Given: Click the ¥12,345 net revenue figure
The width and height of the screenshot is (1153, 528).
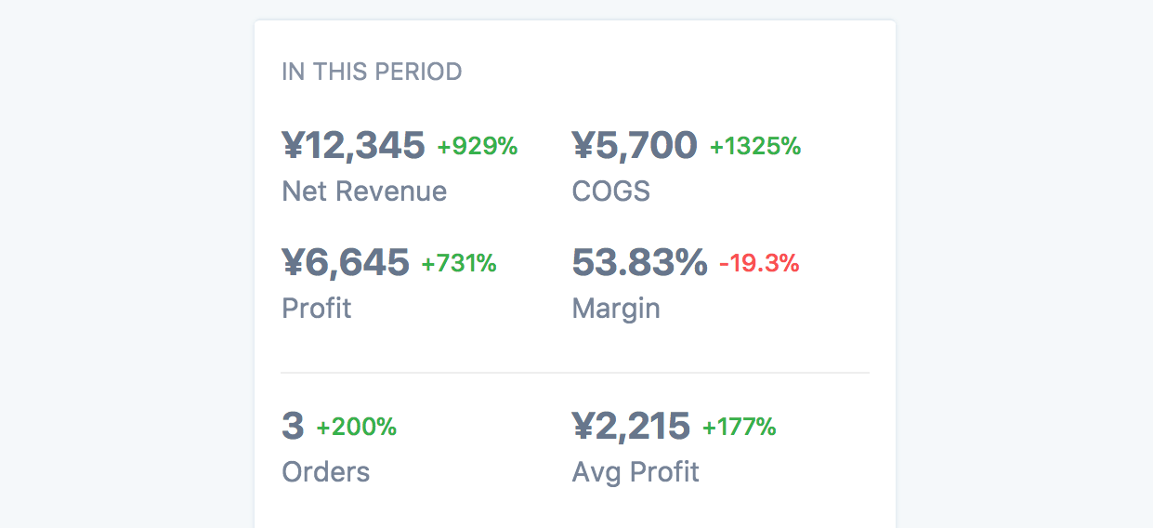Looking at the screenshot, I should click(x=353, y=145).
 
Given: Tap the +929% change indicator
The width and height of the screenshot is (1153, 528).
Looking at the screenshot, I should click(x=478, y=146).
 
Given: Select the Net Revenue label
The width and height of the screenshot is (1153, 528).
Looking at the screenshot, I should click(x=364, y=191).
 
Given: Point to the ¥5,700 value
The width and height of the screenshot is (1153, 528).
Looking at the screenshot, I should click(x=635, y=145).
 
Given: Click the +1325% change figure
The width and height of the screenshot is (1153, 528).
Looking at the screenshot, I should click(x=755, y=146).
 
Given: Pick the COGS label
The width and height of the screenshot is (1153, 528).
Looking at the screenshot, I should click(x=611, y=191).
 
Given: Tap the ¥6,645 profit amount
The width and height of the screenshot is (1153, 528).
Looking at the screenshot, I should click(x=346, y=262).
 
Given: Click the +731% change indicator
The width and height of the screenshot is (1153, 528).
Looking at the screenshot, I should click(x=459, y=263).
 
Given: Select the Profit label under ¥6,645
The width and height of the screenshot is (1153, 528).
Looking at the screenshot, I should click(x=317, y=308).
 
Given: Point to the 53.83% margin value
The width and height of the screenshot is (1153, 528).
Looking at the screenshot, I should click(x=639, y=262).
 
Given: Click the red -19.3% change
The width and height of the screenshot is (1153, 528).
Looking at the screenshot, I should click(x=759, y=263).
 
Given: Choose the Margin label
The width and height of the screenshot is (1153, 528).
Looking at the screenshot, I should click(x=616, y=308).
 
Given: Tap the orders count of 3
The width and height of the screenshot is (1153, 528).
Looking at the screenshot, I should click(x=293, y=426).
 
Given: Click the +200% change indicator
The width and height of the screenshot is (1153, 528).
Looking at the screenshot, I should click(x=357, y=427).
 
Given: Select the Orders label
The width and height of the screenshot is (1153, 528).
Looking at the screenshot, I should click(x=326, y=471).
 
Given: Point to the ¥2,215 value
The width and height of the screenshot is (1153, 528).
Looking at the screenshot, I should click(x=631, y=426).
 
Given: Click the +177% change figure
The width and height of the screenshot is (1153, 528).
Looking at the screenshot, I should click(x=740, y=427).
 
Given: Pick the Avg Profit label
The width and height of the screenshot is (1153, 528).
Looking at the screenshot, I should click(x=635, y=471).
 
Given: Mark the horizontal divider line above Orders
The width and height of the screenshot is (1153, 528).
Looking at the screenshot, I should click(x=575, y=373).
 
